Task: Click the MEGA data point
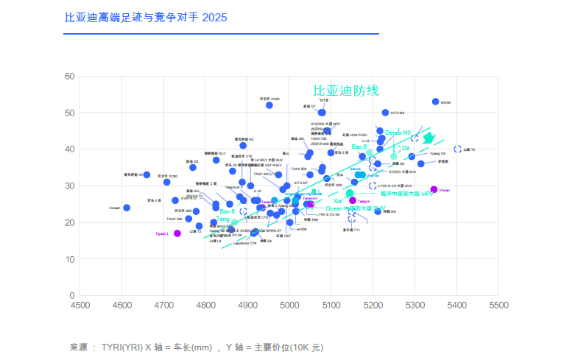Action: tap(435, 102)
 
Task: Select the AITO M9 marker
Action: tap(385, 113)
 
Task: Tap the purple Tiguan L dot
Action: tap(177, 233)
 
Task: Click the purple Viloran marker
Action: tap(434, 190)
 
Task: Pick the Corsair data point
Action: tap(127, 208)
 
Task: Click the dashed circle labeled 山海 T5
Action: tap(457, 149)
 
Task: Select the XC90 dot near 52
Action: tap(269, 105)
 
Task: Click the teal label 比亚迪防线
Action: tap(345, 90)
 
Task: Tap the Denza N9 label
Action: tap(398, 133)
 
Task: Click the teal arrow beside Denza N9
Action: tap(428, 138)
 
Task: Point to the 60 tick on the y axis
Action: tap(69, 76)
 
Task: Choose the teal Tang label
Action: tap(224, 219)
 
